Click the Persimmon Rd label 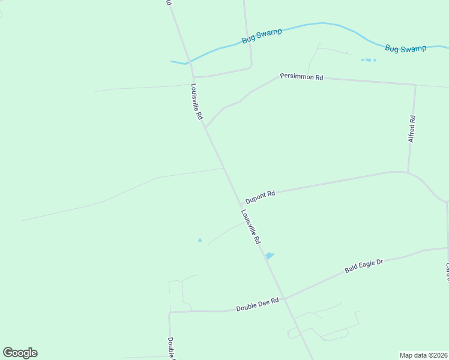click(301, 77)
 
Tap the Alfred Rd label click(412, 129)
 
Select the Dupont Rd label click(260, 196)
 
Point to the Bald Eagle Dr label click(364, 266)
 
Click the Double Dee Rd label click(258, 305)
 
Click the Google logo click(20, 353)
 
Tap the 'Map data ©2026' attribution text click(423, 355)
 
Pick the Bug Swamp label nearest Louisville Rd click(262, 36)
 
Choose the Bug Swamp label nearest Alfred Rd click(405, 49)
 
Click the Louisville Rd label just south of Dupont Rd click(250, 226)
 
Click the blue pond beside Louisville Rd click(270, 256)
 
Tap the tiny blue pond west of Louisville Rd click(200, 241)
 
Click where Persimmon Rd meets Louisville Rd click(205, 127)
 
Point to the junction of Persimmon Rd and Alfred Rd click(415, 85)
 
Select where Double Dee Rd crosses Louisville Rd click(285, 299)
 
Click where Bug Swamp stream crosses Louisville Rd click(188, 62)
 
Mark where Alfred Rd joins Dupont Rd click(408, 173)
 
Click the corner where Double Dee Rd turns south click(170, 313)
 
